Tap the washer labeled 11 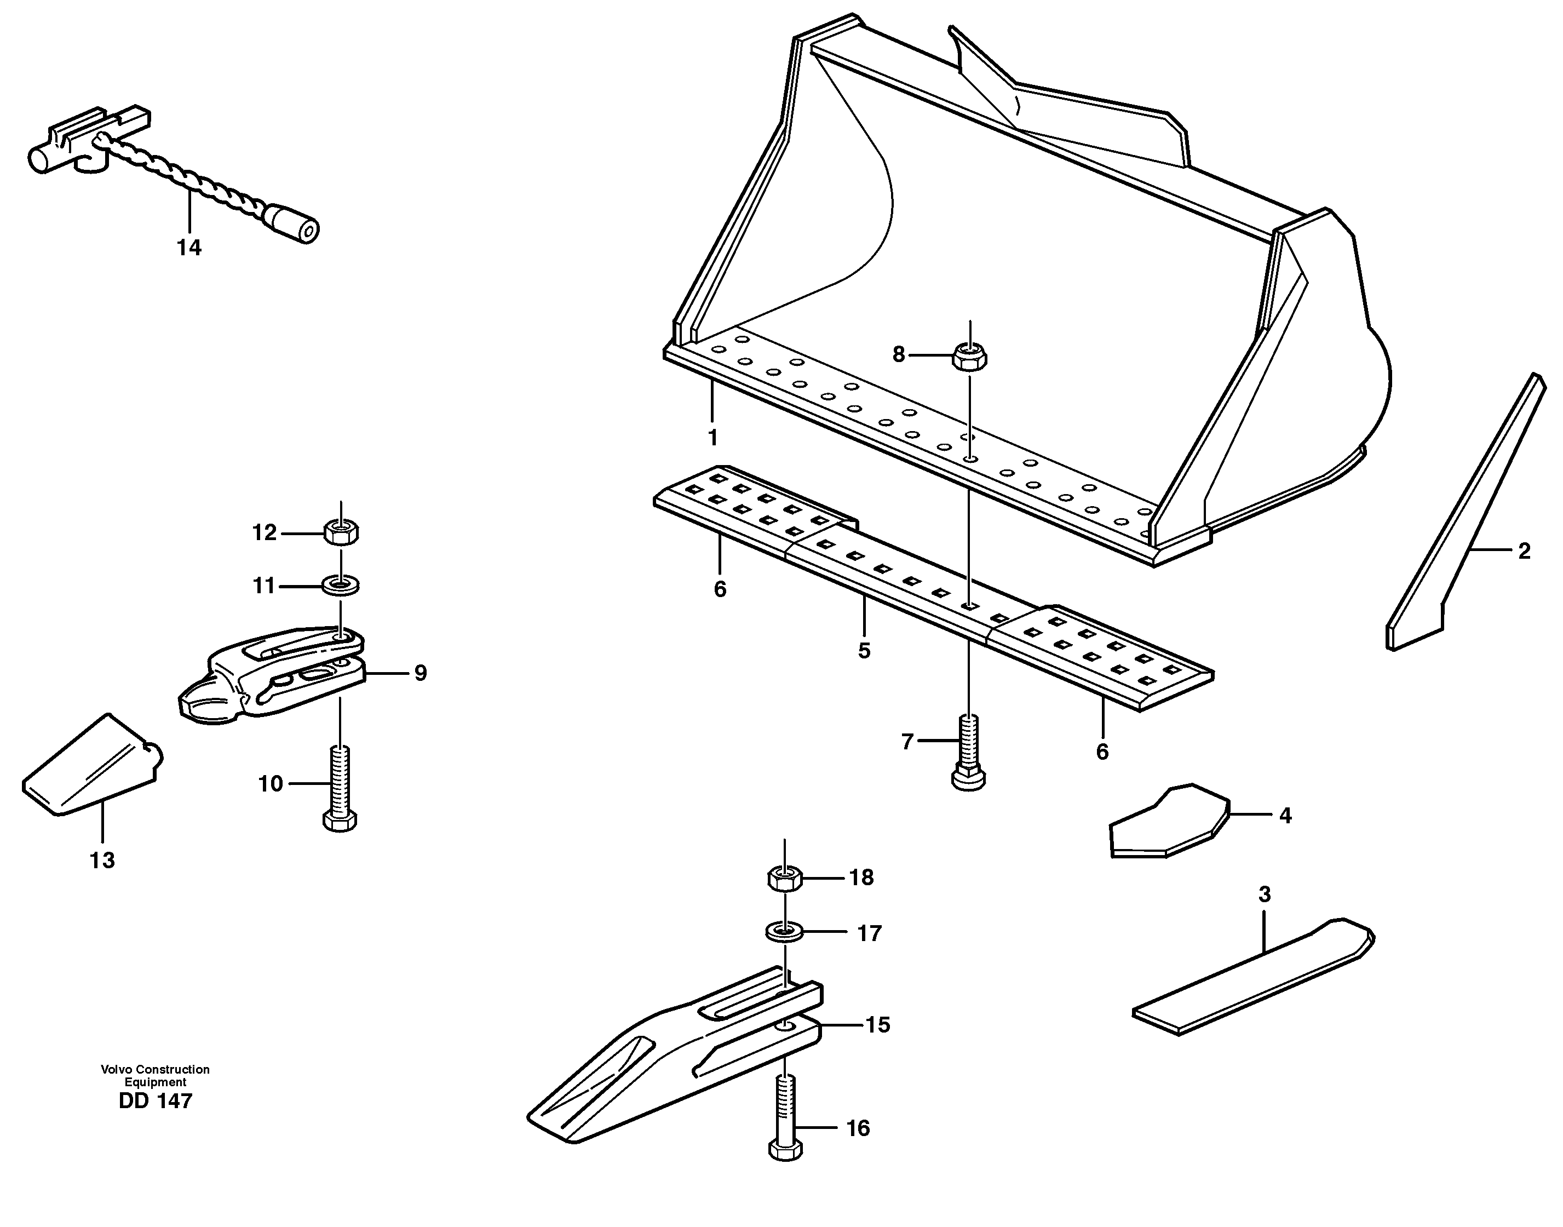tap(341, 586)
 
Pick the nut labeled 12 tap(341, 532)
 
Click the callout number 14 tap(189, 248)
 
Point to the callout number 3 tap(1264, 895)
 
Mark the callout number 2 tap(1524, 551)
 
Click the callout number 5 tap(864, 651)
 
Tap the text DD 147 tap(155, 1101)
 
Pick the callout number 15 tap(877, 1025)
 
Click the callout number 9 tap(420, 673)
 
